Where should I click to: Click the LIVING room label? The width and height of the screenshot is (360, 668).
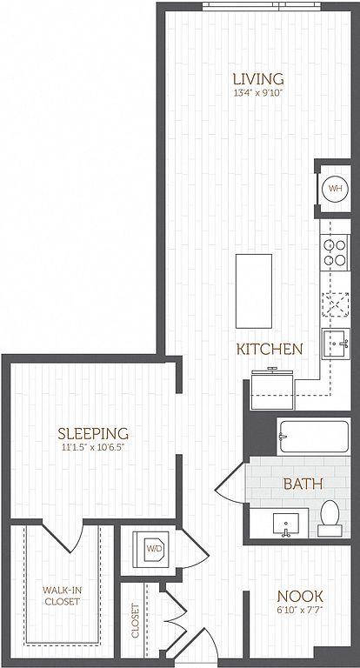pyautogui.click(x=258, y=79)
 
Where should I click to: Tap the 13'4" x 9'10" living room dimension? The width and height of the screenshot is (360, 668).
pyautogui.click(x=258, y=93)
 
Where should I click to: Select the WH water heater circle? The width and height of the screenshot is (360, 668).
pyautogui.click(x=335, y=188)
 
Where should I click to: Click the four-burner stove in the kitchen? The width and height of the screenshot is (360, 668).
pyautogui.click(x=335, y=252)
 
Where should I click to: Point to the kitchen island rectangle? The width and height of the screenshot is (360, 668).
pyautogui.click(x=254, y=291)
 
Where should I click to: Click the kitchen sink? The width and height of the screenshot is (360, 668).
pyautogui.click(x=336, y=344)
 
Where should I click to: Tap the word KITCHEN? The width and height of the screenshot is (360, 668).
pyautogui.click(x=270, y=350)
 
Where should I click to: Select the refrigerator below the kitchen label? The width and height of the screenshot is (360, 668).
pyautogui.click(x=273, y=390)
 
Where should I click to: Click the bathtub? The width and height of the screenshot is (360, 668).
pyautogui.click(x=314, y=437)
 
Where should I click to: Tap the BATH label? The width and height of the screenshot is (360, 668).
pyautogui.click(x=303, y=484)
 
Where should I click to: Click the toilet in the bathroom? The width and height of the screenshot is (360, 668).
pyautogui.click(x=330, y=518)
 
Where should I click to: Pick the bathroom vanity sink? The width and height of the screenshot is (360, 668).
pyautogui.click(x=286, y=524)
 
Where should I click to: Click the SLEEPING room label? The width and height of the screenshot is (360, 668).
pyautogui.click(x=93, y=433)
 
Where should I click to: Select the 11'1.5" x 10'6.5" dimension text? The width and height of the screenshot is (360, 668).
pyautogui.click(x=93, y=448)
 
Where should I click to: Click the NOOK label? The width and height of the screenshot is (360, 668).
pyautogui.click(x=300, y=596)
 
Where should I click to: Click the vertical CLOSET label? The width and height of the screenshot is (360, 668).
pyautogui.click(x=136, y=620)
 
